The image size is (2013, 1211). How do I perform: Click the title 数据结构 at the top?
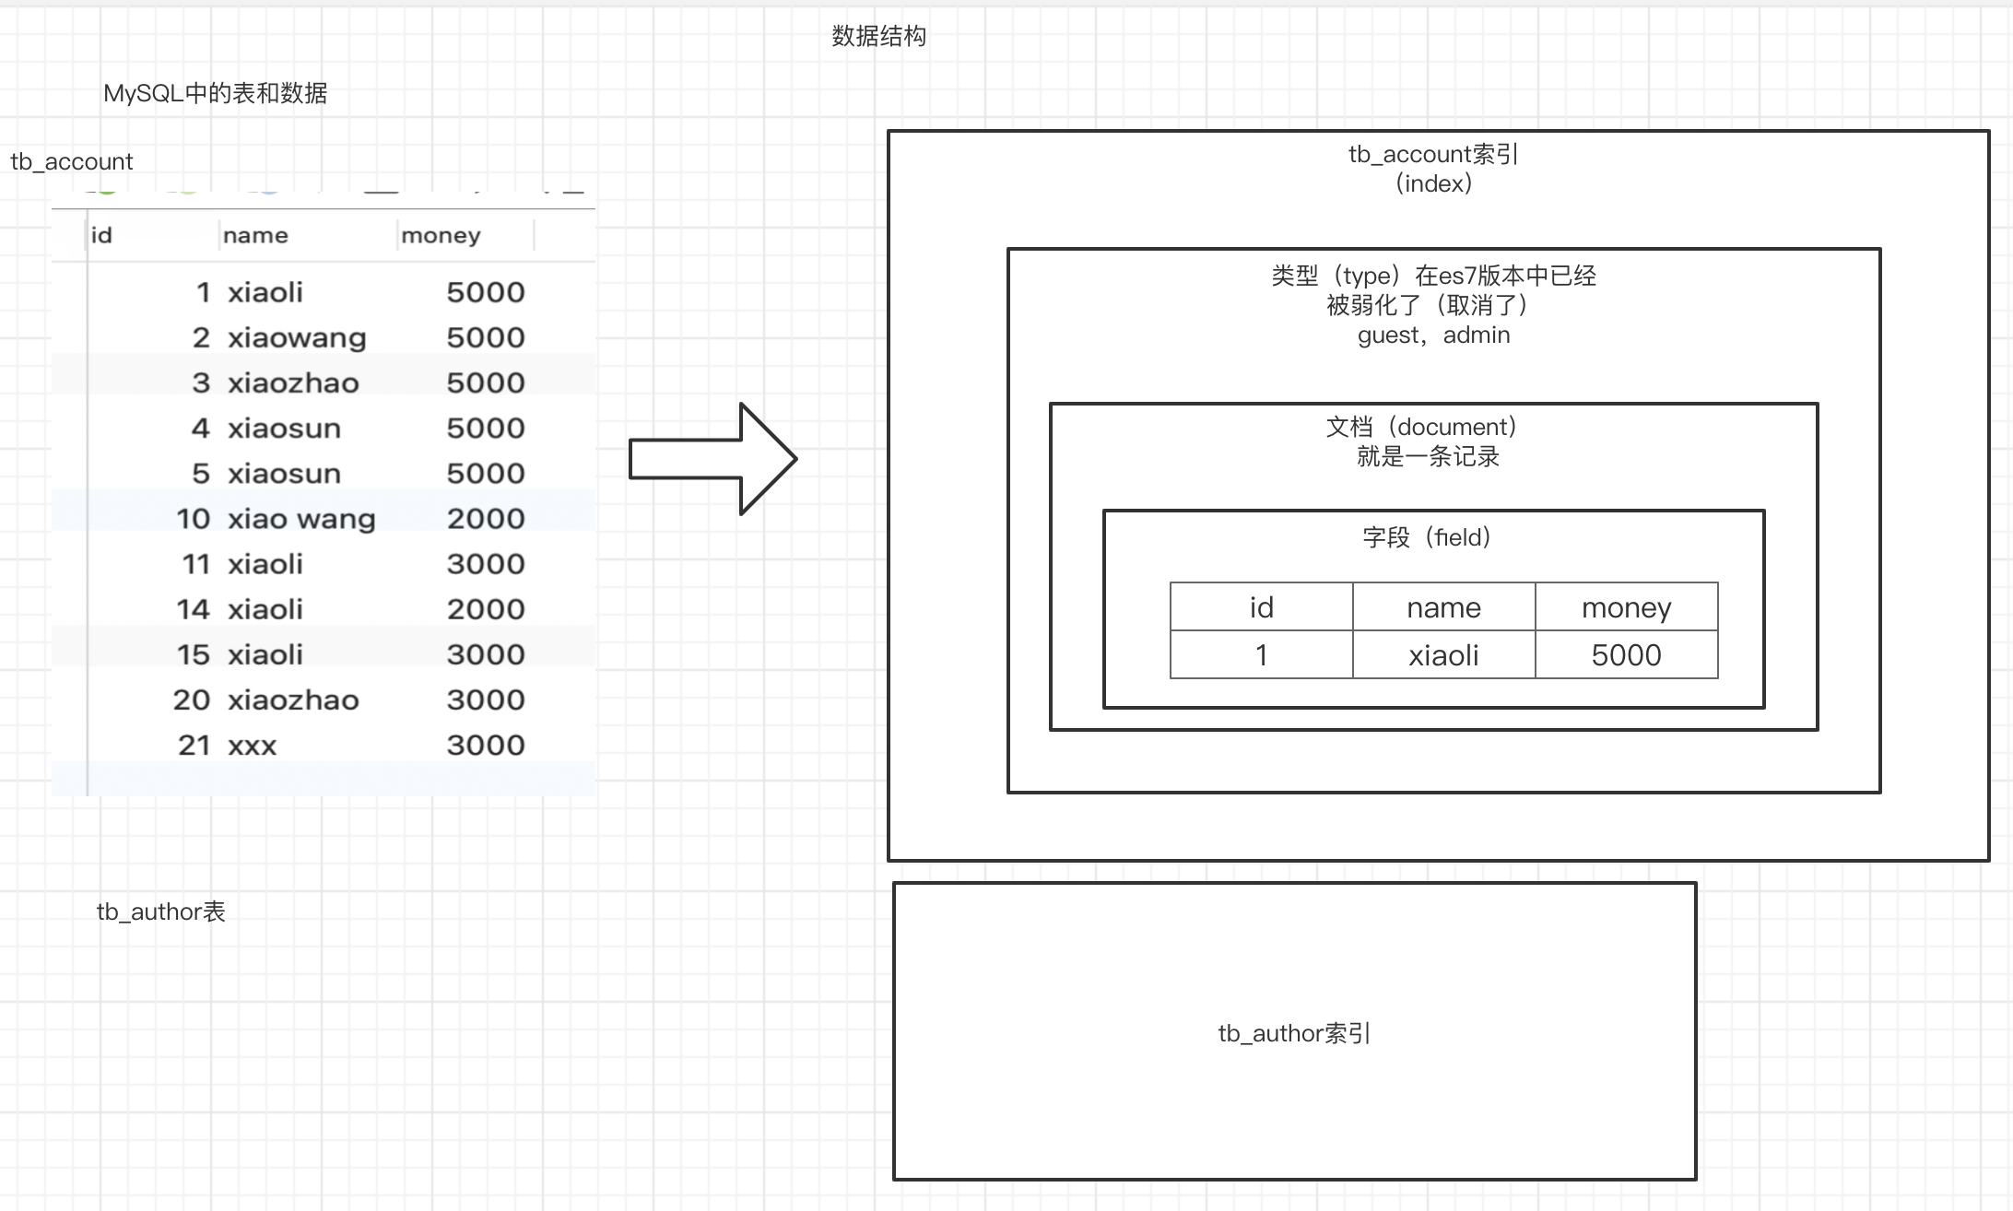878,36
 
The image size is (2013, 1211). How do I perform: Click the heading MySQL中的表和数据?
215,93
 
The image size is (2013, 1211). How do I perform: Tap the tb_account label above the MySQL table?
72,161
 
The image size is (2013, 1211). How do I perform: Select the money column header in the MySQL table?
441,236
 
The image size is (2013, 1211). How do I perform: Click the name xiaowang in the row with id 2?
297,337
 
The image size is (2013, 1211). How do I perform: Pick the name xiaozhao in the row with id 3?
293,382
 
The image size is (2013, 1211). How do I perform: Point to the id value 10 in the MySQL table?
194,518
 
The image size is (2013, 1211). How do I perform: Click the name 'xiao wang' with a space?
301,518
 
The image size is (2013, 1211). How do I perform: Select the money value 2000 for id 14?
486,608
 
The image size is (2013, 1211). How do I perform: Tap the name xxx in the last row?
252,745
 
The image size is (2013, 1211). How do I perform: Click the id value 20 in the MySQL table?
192,700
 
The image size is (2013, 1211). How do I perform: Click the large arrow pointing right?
712,458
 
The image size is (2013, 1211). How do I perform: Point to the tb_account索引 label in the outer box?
1433,154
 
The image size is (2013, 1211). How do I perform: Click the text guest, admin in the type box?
1433,335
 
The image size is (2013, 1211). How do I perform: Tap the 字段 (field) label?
1427,537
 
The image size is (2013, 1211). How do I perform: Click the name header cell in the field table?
1443,607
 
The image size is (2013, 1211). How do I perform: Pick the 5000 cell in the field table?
1626,655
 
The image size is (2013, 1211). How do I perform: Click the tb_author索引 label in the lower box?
1294,1033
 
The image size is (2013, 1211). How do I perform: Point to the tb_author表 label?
161,911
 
